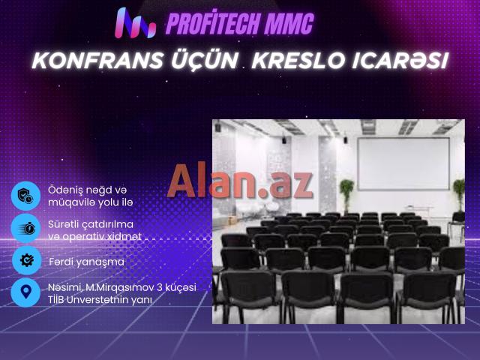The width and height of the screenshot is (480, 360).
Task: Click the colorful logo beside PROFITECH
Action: tap(136, 23)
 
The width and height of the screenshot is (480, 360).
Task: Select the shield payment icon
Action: tap(25, 195)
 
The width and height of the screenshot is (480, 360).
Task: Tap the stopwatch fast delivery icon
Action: tap(25, 228)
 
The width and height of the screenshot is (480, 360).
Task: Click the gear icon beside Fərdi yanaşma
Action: tap(25, 261)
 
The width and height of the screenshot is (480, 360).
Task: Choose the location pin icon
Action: tap(25, 292)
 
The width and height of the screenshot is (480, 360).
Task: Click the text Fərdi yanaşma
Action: tap(86, 262)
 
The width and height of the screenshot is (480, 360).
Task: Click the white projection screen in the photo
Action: tap(402, 164)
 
